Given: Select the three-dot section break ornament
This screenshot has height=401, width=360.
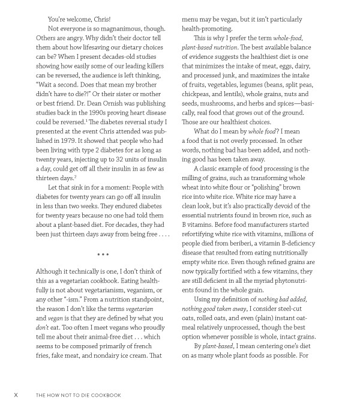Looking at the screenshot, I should tap(103, 255).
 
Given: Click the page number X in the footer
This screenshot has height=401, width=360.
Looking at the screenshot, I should tap(16, 394).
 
